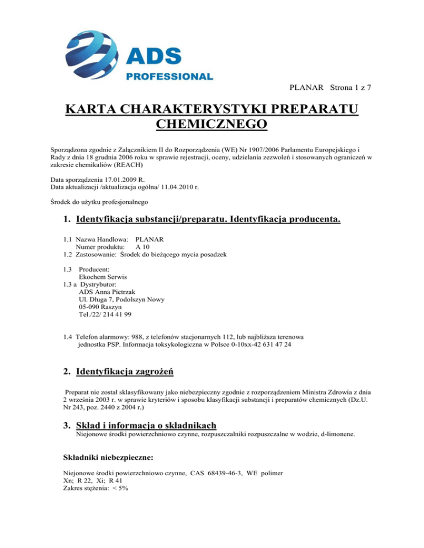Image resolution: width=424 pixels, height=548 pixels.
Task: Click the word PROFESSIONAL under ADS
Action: tap(169, 76)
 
